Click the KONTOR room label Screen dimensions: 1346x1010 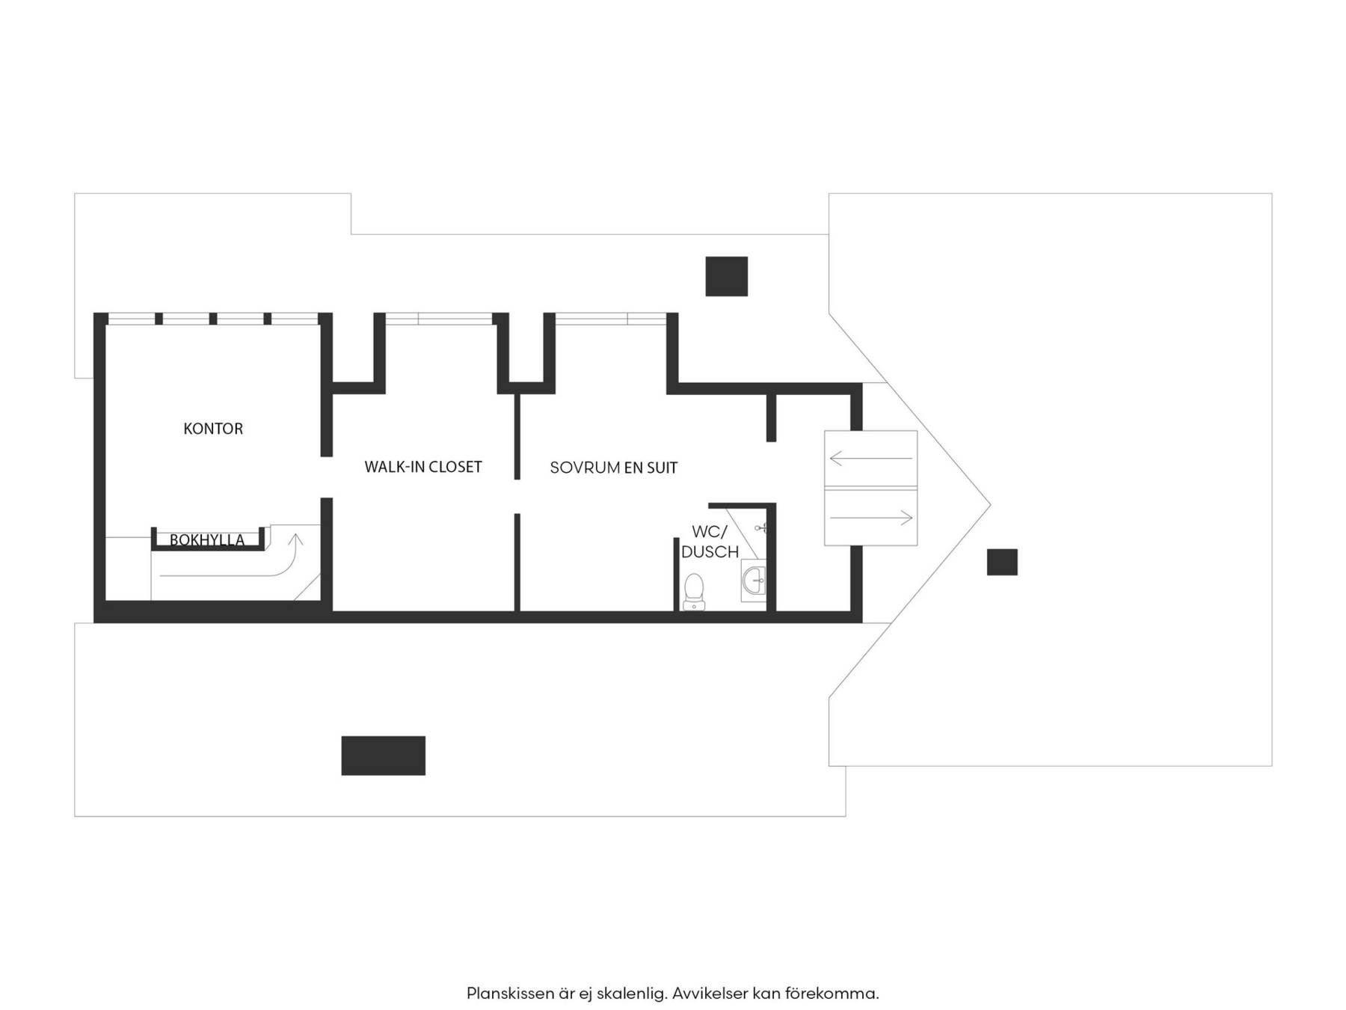(x=213, y=429)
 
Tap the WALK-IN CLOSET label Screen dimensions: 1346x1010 (x=423, y=467)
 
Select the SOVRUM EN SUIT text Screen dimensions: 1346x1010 (x=614, y=468)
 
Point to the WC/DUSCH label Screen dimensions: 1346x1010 (x=710, y=542)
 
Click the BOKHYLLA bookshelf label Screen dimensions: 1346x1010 (x=207, y=540)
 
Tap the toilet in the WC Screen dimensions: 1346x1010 (x=694, y=592)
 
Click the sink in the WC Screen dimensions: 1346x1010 (x=754, y=580)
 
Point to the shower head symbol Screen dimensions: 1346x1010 (x=760, y=528)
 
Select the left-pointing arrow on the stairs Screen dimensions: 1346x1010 (x=871, y=458)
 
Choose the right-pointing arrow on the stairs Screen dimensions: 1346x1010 (x=871, y=518)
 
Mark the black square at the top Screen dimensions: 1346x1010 (x=727, y=276)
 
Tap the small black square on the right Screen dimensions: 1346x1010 (x=1002, y=562)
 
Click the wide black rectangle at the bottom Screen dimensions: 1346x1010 (x=384, y=756)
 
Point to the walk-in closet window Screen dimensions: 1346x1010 (x=439, y=319)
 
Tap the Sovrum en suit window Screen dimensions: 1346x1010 (x=610, y=319)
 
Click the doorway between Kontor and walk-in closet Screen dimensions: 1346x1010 (x=327, y=477)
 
